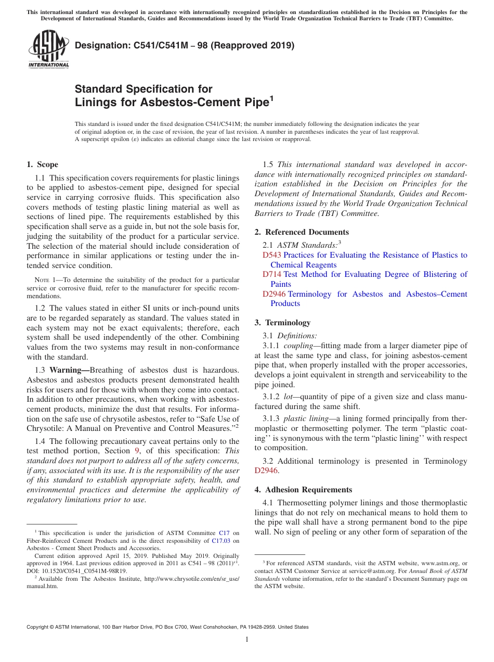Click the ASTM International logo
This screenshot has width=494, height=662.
[x=48, y=49]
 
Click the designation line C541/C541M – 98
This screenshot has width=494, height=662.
[x=185, y=45]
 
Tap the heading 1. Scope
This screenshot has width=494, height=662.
[x=42, y=164]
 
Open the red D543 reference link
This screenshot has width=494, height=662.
[x=271, y=255]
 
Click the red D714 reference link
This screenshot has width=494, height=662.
[x=271, y=274]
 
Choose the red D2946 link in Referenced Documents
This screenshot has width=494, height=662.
[x=274, y=294]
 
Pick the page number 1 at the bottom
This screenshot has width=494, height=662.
[x=246, y=640]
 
